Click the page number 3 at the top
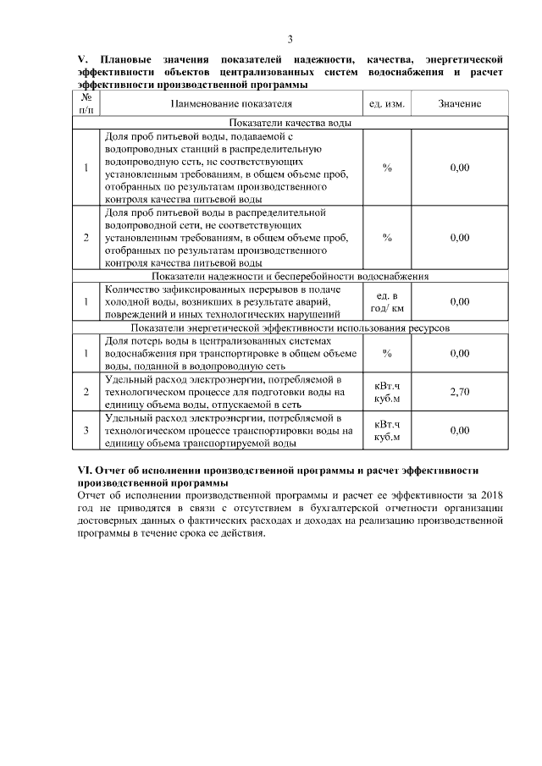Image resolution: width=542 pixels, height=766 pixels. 290,40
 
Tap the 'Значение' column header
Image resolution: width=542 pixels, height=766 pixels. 460,104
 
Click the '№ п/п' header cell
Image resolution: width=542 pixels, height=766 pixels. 86,103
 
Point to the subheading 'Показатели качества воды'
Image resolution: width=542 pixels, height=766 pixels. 290,123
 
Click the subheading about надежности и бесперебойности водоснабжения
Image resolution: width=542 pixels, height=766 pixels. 290,277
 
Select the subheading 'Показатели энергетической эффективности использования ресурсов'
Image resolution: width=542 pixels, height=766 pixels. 290,328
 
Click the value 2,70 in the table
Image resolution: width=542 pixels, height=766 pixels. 460,393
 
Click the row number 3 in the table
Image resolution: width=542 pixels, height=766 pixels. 86,431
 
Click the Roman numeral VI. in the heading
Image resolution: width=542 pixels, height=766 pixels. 85,470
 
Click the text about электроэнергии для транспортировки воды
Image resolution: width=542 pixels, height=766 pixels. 229,431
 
